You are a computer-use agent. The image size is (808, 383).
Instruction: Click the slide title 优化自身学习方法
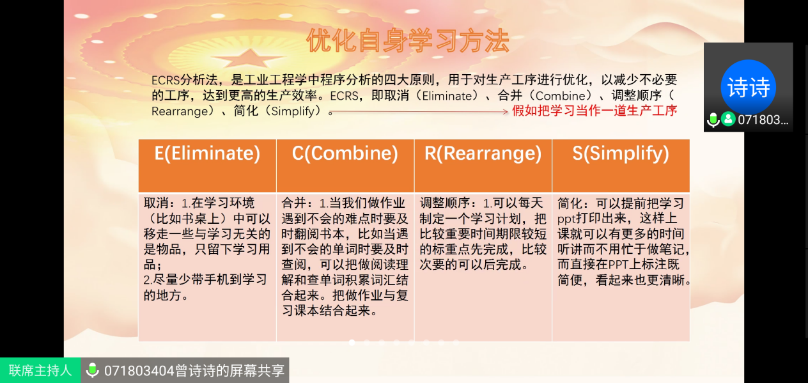(408, 41)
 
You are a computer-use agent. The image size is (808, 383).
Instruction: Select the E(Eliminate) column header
(207, 166)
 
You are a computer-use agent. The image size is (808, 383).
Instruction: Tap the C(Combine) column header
(345, 166)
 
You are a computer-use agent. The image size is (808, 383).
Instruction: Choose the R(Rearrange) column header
(483, 166)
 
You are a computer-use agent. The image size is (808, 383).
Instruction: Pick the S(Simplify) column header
(621, 166)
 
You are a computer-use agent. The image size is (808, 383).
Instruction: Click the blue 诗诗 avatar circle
(748, 87)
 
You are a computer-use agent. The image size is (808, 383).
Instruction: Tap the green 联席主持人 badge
(40, 370)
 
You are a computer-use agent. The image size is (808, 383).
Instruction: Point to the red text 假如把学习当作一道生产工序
(594, 111)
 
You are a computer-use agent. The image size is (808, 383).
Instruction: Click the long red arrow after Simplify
(420, 112)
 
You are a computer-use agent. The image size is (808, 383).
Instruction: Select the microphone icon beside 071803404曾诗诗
(92, 370)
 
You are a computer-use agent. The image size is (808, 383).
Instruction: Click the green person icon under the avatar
(728, 119)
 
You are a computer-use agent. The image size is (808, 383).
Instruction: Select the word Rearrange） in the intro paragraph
(183, 111)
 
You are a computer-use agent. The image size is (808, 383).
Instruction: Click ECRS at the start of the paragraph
(166, 80)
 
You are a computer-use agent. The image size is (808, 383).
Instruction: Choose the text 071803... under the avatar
(763, 120)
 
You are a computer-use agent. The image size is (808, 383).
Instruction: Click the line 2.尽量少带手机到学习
(205, 280)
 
